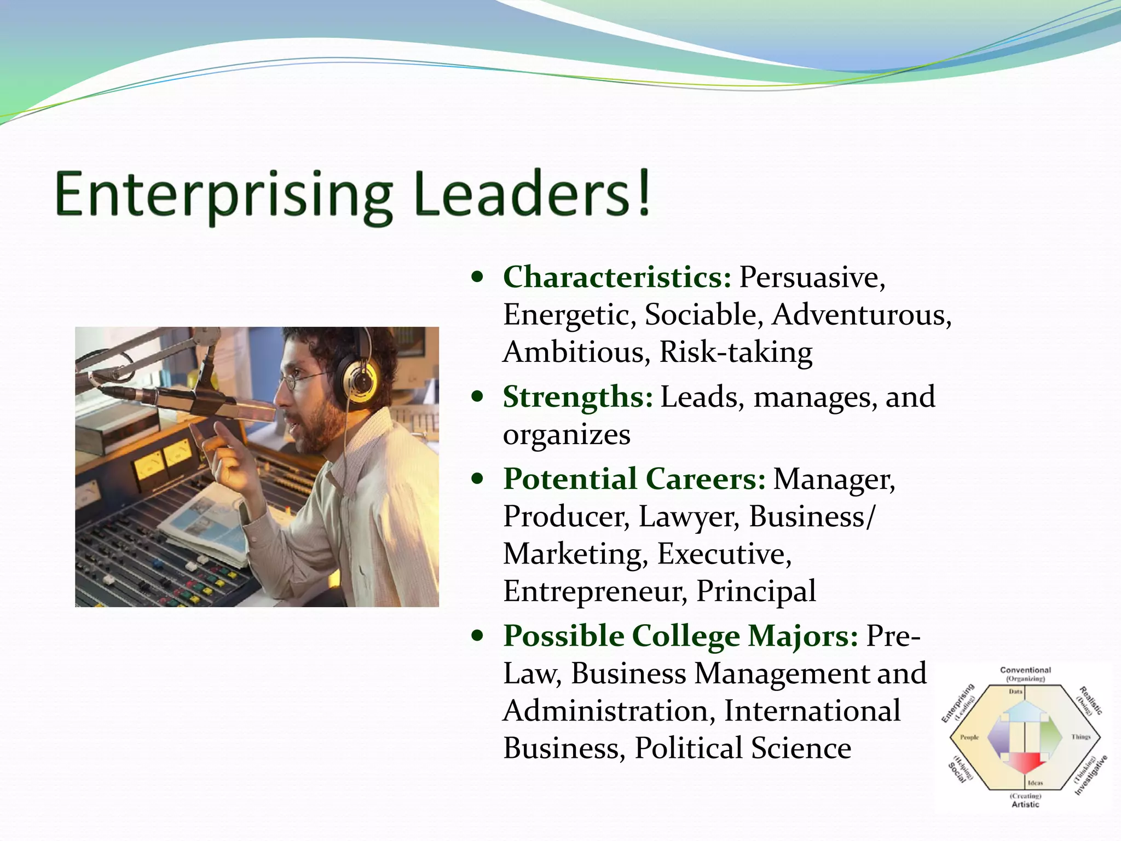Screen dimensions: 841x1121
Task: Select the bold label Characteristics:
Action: point(617,277)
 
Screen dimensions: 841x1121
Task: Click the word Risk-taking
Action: point(736,352)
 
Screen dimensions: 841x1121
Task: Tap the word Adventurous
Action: point(862,315)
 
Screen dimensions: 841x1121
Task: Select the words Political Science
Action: point(743,748)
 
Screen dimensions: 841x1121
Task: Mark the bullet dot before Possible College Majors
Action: point(478,636)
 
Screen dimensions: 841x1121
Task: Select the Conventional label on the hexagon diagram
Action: point(1025,670)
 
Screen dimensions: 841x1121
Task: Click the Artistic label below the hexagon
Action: point(1025,804)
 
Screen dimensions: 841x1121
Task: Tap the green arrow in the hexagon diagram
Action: point(1049,737)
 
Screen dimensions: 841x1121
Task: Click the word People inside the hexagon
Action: point(969,737)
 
